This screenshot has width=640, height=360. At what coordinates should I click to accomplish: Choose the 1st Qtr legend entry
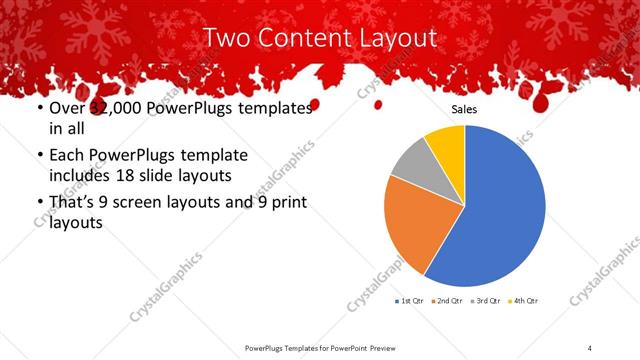click(x=410, y=300)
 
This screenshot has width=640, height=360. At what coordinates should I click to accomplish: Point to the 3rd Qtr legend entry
click(x=486, y=300)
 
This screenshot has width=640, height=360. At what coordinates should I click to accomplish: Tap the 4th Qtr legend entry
click(x=524, y=300)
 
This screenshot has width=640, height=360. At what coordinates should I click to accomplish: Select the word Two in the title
click(x=226, y=39)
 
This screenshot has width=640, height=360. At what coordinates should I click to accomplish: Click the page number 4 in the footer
click(x=590, y=348)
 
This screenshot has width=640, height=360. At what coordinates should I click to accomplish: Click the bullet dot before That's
click(x=39, y=203)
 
